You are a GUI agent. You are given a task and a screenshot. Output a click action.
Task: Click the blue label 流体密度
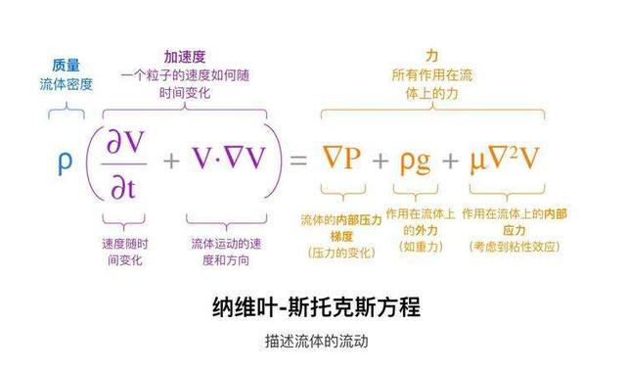tap(67, 84)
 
